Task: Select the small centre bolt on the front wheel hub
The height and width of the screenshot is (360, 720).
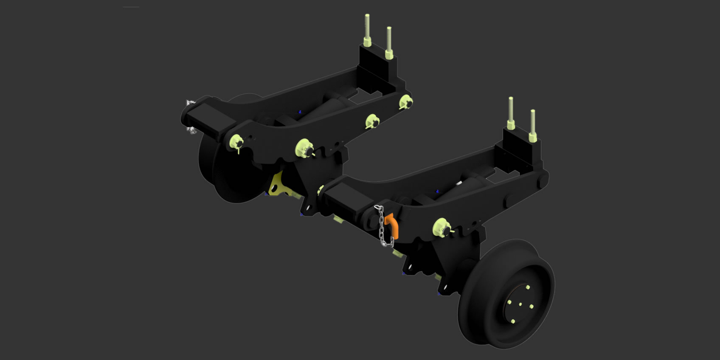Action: (520, 304)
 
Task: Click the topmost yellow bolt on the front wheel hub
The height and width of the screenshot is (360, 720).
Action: (528, 287)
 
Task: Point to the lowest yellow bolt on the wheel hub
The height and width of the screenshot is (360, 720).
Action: (513, 321)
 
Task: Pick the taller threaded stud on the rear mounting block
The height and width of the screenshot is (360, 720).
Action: (367, 30)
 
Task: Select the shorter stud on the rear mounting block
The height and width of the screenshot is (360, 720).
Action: (389, 42)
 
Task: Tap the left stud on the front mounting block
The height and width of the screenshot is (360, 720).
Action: (511, 112)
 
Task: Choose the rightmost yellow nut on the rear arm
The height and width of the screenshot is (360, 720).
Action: (406, 101)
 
